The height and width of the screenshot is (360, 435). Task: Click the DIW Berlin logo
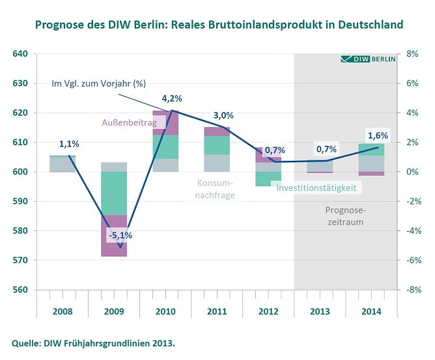click(368, 59)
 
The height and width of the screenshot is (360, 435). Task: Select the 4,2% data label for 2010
click(171, 98)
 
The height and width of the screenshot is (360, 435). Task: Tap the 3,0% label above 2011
click(223, 115)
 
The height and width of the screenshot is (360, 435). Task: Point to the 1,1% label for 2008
click(69, 144)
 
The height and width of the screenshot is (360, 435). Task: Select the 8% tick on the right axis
click(412, 54)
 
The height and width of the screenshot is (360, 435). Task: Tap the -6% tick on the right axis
click(414, 260)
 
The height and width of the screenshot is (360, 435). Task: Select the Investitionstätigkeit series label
click(316, 187)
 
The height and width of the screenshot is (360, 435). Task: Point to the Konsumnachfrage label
click(215, 189)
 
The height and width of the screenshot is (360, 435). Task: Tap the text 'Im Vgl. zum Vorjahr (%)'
click(98, 83)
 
